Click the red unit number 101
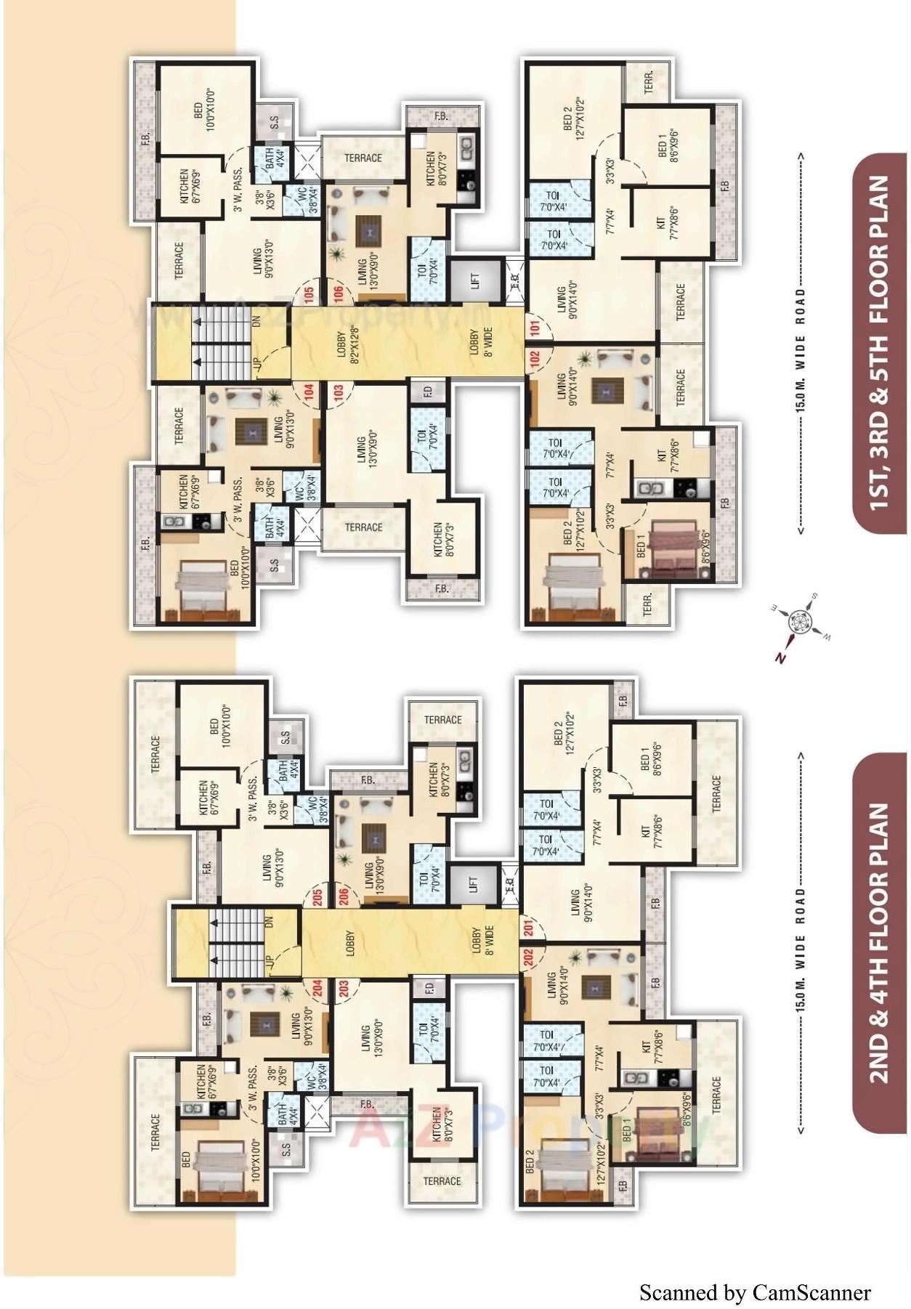pos(535,328)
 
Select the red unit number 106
pos(339,295)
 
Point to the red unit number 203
pos(343,989)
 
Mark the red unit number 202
pos(528,957)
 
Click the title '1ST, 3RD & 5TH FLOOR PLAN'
pos(879,342)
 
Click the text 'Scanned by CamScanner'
pos(754,1292)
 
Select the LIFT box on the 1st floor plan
pos(475,280)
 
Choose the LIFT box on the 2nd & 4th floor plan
pos(474,884)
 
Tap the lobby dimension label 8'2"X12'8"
pos(347,344)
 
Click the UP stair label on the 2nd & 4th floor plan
pos(270,960)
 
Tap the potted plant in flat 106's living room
pos(337,254)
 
